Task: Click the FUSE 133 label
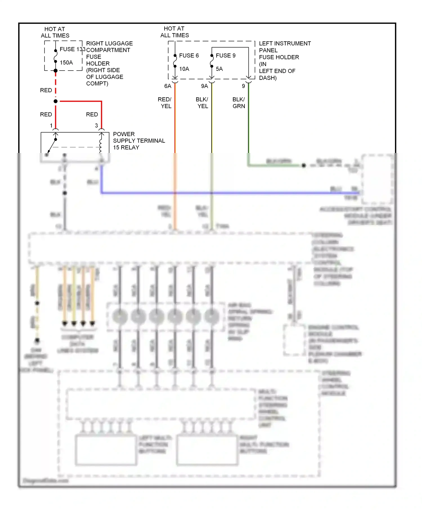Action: [72, 49]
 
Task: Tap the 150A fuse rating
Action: [66, 63]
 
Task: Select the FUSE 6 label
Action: [189, 56]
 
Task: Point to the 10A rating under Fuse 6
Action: [184, 69]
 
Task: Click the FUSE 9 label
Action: [225, 56]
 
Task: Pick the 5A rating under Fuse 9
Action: [219, 69]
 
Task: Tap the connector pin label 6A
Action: [168, 86]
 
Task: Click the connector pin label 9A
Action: [205, 86]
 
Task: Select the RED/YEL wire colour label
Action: [165, 103]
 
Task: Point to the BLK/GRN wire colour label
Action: [239, 103]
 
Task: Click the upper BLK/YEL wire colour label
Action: [202, 103]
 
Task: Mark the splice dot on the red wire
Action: [56, 101]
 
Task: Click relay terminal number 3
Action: [96, 125]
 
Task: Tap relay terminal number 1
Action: [51, 125]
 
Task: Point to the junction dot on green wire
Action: [304, 166]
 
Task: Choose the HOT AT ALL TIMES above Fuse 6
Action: [174, 32]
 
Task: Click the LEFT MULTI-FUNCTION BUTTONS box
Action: [106, 450]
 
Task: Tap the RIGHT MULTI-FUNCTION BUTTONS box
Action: [207, 450]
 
